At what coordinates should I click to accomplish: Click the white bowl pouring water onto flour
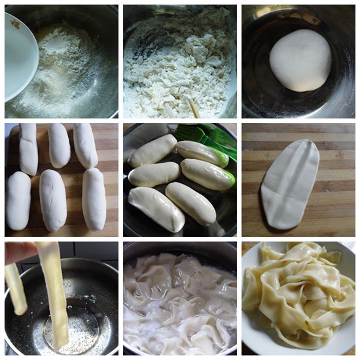point(20,56)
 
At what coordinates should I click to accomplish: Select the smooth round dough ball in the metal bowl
point(300,60)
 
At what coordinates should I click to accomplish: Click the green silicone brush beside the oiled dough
point(213,139)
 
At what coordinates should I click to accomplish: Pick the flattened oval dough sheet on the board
point(290,184)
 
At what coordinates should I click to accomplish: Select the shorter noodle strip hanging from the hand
point(16,288)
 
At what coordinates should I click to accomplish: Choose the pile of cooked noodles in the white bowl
point(298,288)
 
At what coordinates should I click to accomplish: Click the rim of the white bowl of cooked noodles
point(252,334)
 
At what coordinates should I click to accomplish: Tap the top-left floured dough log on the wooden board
point(28,149)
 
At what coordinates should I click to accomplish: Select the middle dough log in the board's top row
point(59,145)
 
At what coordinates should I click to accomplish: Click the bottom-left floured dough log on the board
point(18,200)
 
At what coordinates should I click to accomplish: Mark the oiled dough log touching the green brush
point(203,153)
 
